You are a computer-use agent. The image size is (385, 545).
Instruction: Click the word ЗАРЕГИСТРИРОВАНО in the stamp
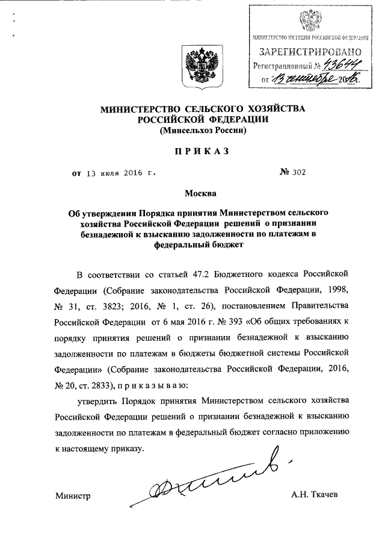(x=310, y=51)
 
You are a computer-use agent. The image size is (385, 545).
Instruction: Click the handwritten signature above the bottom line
(x=205, y=482)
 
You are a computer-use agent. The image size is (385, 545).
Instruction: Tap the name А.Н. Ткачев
(x=315, y=496)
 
